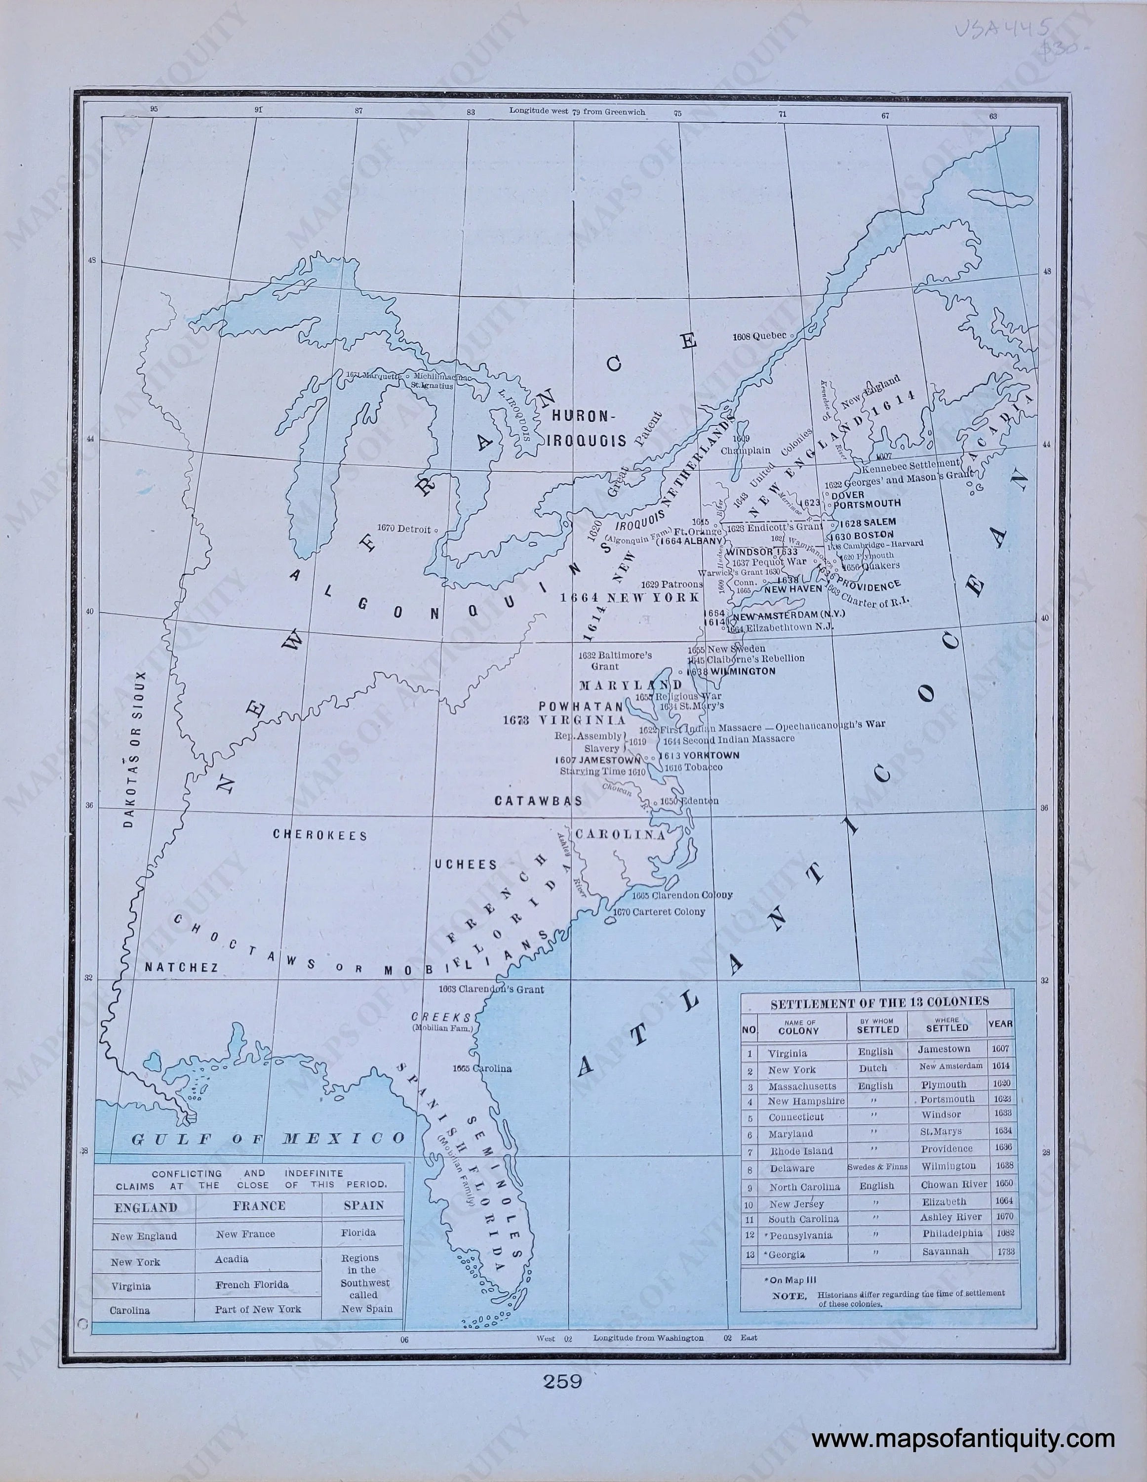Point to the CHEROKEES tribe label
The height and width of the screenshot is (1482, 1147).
click(320, 835)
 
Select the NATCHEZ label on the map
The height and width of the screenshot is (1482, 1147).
click(182, 968)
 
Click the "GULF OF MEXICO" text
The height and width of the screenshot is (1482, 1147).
click(268, 1139)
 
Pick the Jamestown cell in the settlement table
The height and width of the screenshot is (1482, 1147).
click(944, 1049)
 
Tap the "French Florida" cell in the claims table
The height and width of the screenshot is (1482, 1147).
click(252, 1284)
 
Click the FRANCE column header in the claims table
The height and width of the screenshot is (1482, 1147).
click(258, 1206)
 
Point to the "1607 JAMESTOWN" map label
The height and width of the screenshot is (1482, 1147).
click(597, 760)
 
